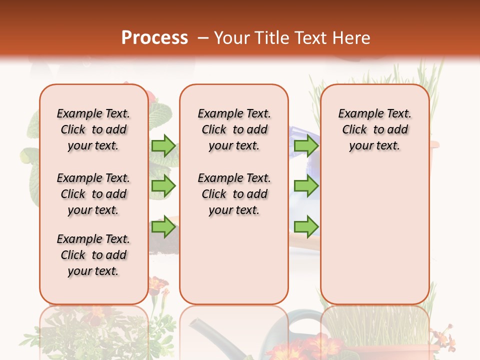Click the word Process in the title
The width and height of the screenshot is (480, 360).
click(x=154, y=38)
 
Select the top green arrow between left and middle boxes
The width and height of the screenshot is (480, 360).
click(x=163, y=145)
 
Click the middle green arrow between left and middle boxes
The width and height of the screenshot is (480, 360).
click(x=163, y=186)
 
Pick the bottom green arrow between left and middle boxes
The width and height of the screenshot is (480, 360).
click(x=163, y=227)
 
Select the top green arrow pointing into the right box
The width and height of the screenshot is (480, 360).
click(x=306, y=145)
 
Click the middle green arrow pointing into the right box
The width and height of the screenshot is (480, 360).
click(x=306, y=186)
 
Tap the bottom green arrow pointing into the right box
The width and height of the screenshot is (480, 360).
click(x=306, y=227)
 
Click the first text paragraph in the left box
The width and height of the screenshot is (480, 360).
click(x=93, y=129)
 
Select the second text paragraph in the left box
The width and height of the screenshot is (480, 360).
click(x=93, y=194)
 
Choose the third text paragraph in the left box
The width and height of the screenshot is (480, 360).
click(x=93, y=255)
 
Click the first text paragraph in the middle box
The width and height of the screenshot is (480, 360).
click(x=234, y=129)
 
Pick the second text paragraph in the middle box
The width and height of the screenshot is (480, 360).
click(x=234, y=194)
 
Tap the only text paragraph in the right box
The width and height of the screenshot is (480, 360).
click(x=375, y=129)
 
